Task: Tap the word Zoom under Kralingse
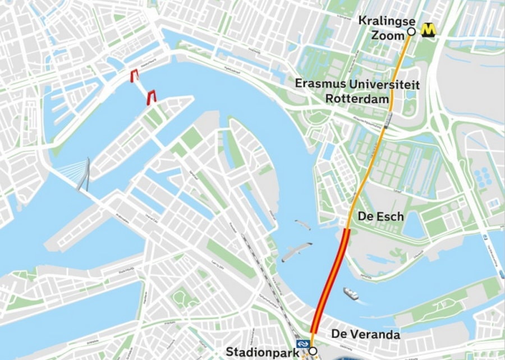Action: [388, 35]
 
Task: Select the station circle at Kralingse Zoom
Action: [411, 32]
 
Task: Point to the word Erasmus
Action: [322, 85]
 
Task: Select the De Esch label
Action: [380, 216]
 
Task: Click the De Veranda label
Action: [365, 334]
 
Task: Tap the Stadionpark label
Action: [263, 352]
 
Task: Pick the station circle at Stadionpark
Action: [313, 351]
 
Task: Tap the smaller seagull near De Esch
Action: [302, 224]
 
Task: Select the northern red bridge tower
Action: [135, 76]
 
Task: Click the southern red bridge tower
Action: [151, 98]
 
